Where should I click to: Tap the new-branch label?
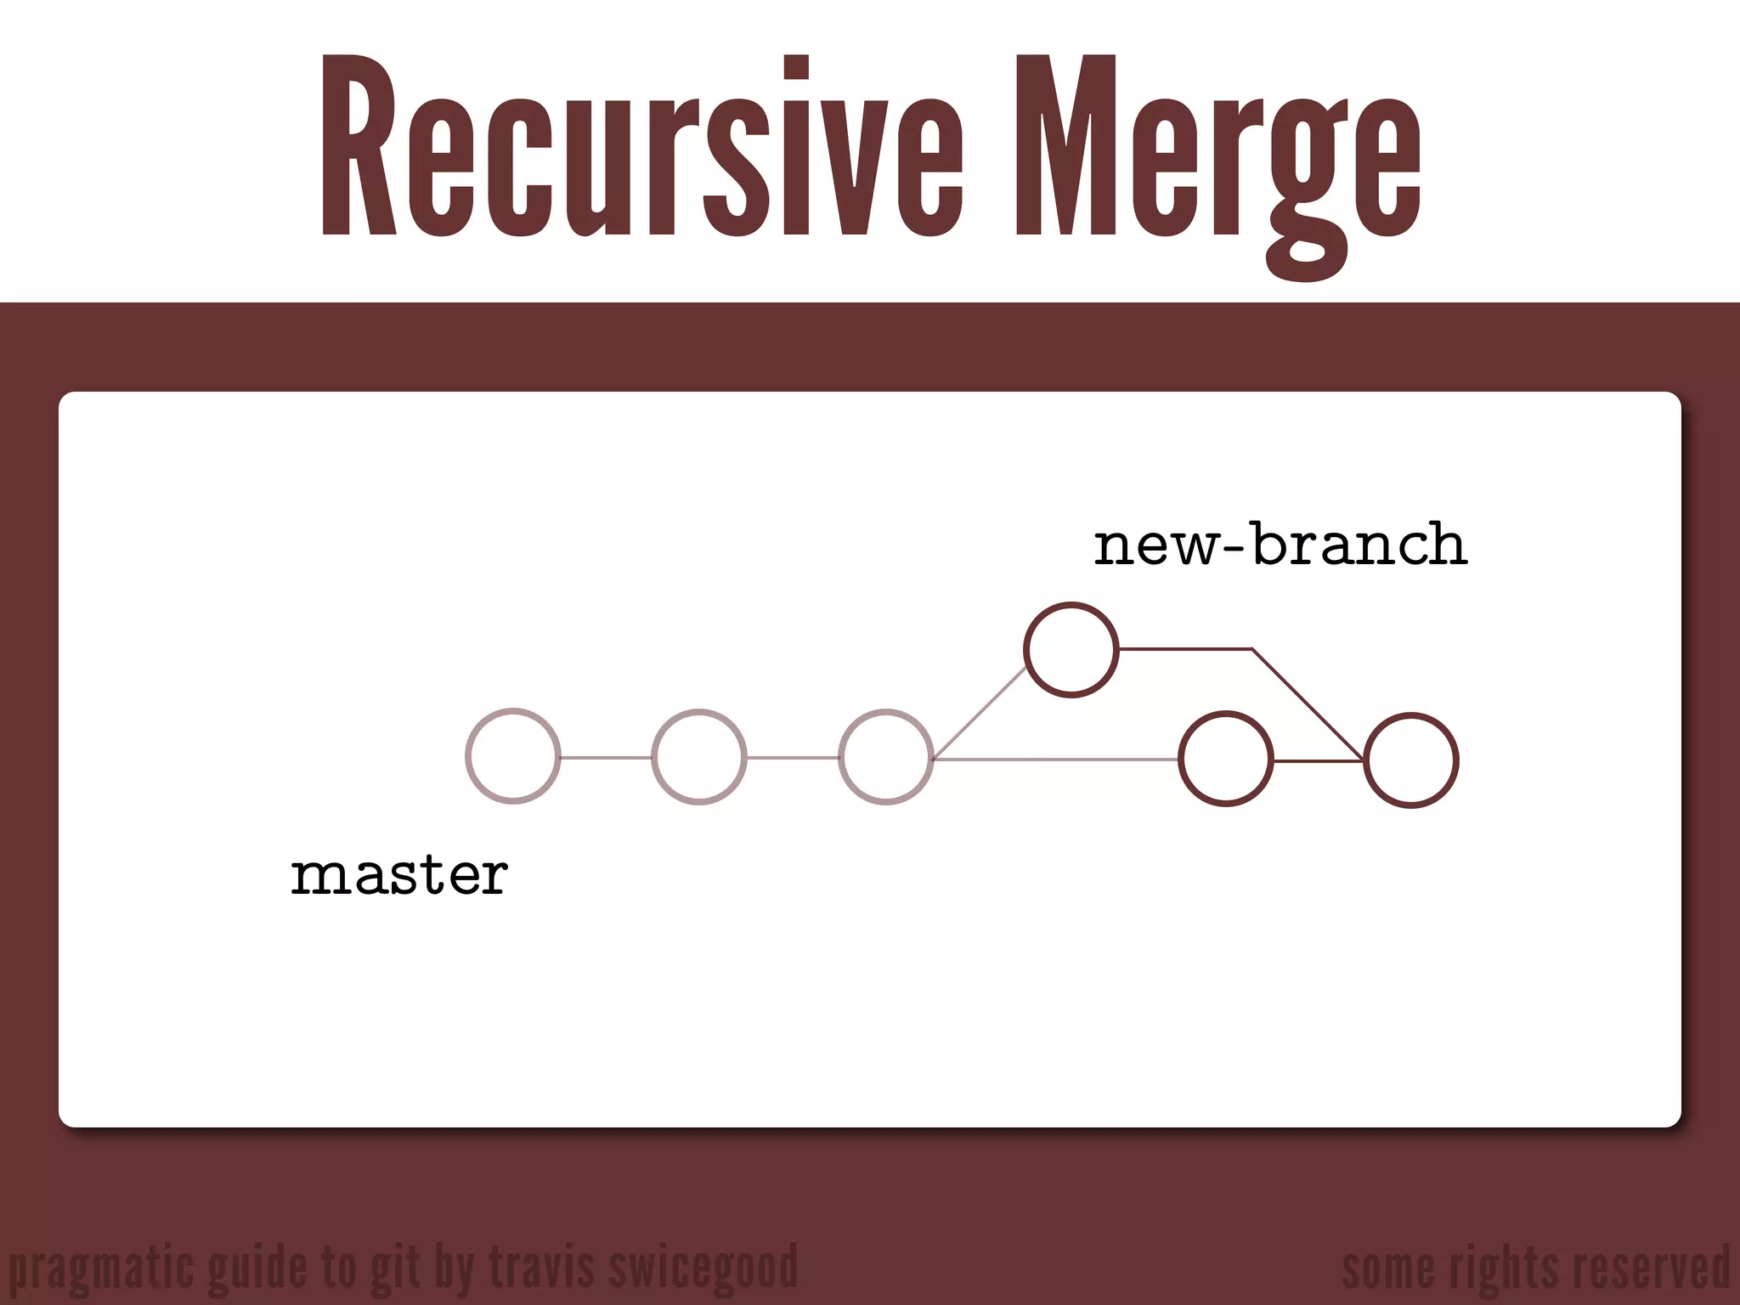coord(1280,545)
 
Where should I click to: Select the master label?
coord(399,875)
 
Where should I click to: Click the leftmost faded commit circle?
coord(513,756)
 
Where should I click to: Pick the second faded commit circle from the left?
coord(699,756)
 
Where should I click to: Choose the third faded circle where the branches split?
coord(886,756)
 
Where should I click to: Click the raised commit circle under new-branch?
coord(1071,650)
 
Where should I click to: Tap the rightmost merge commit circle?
coord(1411,760)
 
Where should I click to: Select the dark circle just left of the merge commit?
coord(1225,759)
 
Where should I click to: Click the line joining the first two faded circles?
coord(606,757)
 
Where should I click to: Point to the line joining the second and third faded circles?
coord(793,757)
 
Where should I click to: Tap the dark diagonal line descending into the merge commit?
coord(1308,705)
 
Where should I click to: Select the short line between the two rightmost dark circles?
coord(1318,761)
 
